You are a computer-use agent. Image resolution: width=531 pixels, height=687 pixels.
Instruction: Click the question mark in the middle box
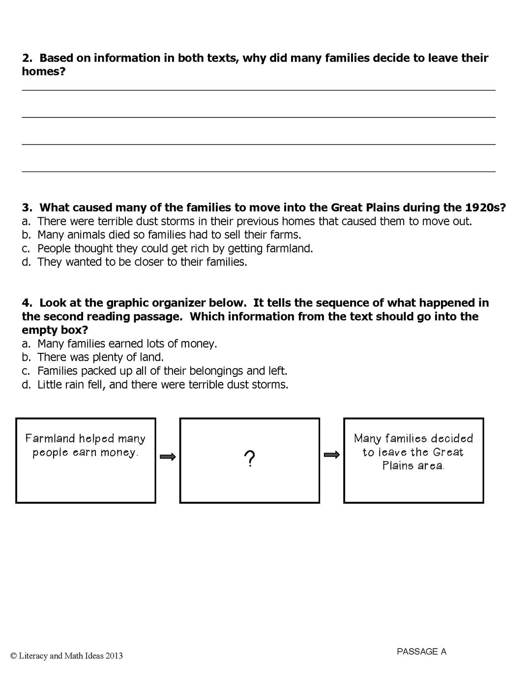tap(250, 459)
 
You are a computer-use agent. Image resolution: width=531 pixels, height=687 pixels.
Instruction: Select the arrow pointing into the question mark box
tap(168, 457)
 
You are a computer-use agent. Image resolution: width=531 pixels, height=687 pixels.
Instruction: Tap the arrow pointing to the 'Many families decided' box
tap(332, 455)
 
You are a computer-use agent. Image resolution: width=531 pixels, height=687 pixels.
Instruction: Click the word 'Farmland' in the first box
tap(50, 438)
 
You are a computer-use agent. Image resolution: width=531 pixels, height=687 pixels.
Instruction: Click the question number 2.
tap(27, 58)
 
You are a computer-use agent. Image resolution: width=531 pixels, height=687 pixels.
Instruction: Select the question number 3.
tap(27, 207)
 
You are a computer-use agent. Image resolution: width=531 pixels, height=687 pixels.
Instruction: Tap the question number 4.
tap(27, 303)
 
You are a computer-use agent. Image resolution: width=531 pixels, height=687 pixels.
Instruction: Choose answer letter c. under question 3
tap(26, 249)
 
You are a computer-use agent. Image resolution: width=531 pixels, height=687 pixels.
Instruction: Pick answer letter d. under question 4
tap(26, 385)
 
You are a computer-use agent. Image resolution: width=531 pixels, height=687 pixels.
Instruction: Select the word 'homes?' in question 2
tap(44, 72)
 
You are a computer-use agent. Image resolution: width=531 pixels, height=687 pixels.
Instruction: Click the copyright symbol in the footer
tap(13, 656)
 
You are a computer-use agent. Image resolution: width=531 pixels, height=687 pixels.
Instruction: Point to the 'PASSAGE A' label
tap(421, 652)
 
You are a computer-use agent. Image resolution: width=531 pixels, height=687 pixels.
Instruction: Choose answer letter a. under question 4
tap(26, 344)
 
